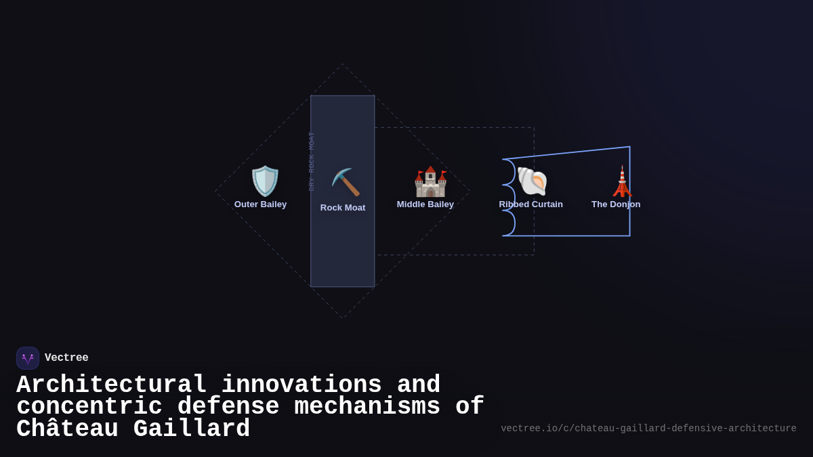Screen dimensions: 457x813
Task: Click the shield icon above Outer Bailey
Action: [265, 181]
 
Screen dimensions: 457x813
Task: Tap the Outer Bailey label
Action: [261, 204]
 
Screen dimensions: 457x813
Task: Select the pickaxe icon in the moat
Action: [346, 183]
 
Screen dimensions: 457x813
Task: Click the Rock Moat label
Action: [343, 208]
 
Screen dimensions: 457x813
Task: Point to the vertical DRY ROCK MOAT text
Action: [312, 161]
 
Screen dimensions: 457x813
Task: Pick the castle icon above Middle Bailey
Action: [430, 181]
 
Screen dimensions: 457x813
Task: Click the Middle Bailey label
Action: [425, 204]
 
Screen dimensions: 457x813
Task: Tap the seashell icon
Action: [532, 181]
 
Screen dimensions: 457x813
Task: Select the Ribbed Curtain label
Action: [531, 204]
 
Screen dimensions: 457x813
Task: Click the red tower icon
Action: [622, 181]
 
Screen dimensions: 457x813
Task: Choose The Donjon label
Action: [616, 204]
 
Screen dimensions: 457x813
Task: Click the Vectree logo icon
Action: [28, 358]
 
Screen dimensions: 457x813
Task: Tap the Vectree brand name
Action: [66, 358]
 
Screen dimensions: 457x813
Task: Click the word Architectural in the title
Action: [112, 385]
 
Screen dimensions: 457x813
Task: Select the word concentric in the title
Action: [89, 407]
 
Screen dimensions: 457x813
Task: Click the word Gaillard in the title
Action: [192, 429]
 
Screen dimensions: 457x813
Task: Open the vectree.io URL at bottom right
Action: [648, 429]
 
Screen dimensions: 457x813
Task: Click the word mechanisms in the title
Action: [367, 407]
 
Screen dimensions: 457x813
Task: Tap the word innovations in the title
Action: [301, 385]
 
